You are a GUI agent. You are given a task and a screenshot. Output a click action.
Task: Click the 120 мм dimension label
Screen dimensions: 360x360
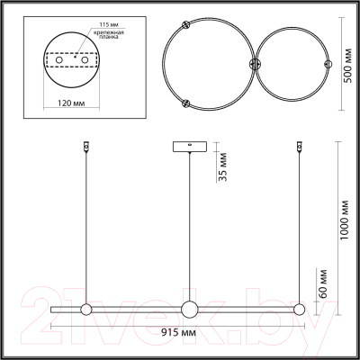71,103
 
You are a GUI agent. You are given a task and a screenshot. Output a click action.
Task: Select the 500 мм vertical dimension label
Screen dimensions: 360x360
348,66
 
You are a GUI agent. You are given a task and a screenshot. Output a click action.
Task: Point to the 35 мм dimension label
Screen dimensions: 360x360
222,166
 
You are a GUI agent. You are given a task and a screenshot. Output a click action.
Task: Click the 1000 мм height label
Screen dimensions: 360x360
346,220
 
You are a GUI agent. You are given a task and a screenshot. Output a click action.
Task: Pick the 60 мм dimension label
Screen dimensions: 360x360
323,283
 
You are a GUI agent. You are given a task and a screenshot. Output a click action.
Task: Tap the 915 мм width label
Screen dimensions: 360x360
178,332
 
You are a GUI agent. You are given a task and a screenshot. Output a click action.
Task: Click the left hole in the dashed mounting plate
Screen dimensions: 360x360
59,60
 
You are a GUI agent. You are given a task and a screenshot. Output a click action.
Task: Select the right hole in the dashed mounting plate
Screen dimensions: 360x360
85,60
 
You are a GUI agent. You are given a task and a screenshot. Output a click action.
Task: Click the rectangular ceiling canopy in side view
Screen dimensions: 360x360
190,147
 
